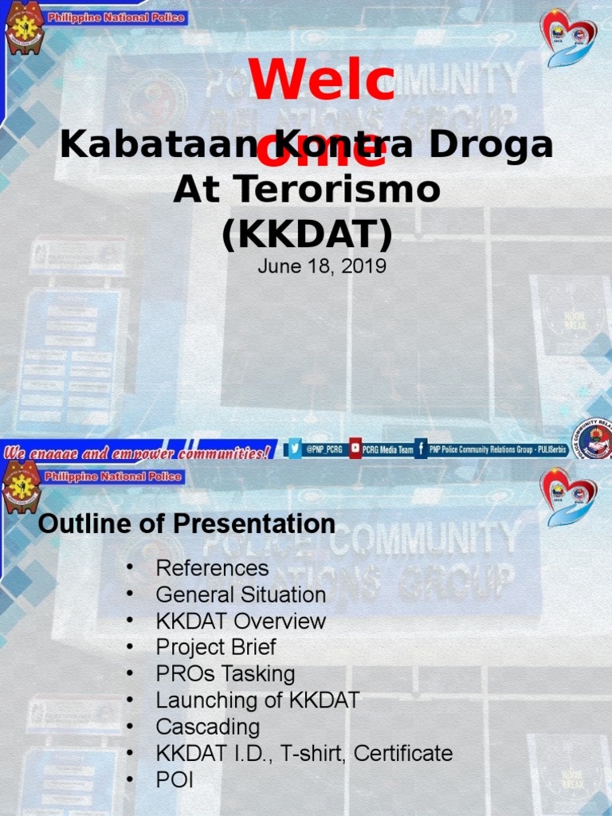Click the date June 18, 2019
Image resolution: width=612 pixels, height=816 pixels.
point(322,266)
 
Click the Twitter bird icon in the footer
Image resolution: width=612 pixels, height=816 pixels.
point(295,449)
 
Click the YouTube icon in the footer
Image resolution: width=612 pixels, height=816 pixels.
point(355,449)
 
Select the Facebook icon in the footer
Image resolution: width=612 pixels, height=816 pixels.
point(421,449)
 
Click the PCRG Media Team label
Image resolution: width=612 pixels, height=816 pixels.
point(388,450)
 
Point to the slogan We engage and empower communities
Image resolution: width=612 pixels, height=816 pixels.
point(138,452)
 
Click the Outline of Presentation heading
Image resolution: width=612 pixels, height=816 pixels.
point(186,524)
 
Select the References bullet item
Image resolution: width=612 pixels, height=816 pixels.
point(212,568)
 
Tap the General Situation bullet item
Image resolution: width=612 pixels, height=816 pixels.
point(241,594)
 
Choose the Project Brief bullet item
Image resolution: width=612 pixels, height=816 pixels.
point(216,647)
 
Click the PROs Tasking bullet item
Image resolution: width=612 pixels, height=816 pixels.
point(226,673)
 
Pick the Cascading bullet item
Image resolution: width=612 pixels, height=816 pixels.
point(208,727)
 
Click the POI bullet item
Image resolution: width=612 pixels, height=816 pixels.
point(175,780)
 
